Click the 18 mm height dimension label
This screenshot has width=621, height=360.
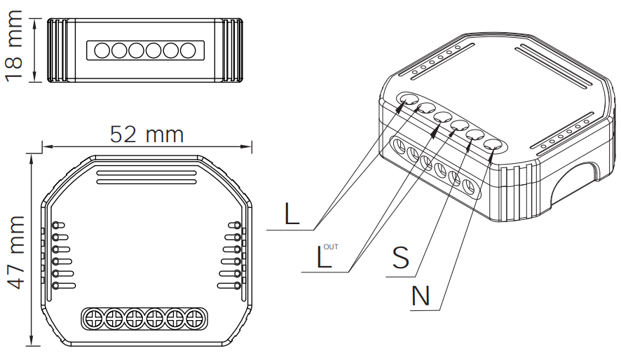pos(14,46)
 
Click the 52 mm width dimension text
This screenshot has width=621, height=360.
pos(147,134)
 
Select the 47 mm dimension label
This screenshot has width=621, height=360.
pos(16,252)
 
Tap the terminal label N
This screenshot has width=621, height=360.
pos(421,296)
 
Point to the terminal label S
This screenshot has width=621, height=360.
pos(401,257)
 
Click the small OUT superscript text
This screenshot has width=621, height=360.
pos(331,247)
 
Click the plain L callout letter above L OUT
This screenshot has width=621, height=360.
pos(292,214)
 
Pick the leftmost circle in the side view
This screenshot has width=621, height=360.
pos(102,50)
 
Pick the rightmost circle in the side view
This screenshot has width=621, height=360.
pos(188,50)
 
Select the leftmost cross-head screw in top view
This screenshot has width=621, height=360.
pos(94,319)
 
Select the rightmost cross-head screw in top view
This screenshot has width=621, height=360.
pos(195,319)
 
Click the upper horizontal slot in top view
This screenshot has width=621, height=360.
pos(146,173)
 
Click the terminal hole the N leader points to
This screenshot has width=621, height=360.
pos(493,146)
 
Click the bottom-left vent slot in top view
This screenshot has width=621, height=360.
pos(64,286)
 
